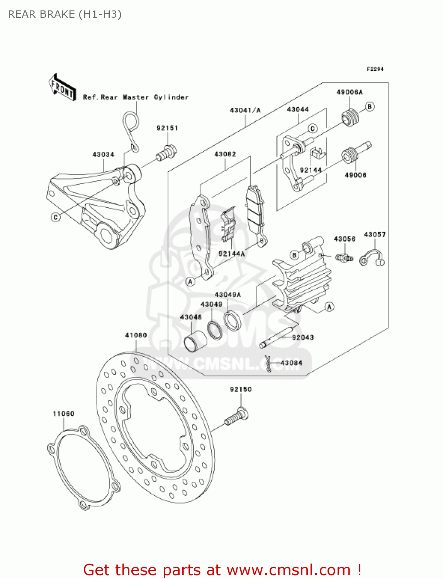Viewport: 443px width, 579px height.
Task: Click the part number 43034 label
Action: [103, 154]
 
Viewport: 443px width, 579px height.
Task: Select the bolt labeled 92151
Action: [166, 152]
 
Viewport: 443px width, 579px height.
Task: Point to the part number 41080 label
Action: [136, 335]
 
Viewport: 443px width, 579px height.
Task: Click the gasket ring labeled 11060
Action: [83, 469]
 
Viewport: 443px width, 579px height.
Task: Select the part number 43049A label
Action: [227, 295]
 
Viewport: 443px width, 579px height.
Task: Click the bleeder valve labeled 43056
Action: [344, 257]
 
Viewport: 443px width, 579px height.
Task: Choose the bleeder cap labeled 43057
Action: [372, 258]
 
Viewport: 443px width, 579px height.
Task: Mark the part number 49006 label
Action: [355, 175]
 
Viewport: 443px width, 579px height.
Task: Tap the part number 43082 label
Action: [225, 154]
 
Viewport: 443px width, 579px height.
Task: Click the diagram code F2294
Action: [375, 69]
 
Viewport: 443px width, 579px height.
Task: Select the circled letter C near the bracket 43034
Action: [56, 217]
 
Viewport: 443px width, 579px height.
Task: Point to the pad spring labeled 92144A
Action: [229, 227]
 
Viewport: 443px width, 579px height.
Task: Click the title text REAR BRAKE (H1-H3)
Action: [65, 14]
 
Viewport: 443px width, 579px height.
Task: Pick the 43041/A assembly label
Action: [245, 110]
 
